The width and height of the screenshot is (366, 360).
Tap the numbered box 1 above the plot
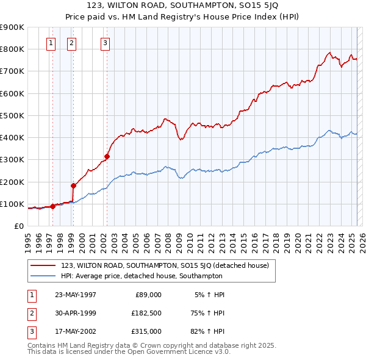pos(50,43)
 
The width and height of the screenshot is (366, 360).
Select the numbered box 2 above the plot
pos(72,43)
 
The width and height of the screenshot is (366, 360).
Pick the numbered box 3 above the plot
pos(106,43)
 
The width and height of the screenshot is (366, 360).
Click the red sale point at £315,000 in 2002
pos(107,156)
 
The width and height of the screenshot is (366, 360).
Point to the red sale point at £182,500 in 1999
pos(74,185)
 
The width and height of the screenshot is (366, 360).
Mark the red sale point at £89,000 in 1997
pos(53,206)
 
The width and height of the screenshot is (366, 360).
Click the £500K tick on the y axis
pos(12,115)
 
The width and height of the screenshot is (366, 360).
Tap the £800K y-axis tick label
pos(12,49)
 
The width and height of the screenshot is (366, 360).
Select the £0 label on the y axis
pos(18,226)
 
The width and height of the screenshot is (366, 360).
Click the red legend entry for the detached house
pos(168,265)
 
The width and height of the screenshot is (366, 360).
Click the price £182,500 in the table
pos(146,312)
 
